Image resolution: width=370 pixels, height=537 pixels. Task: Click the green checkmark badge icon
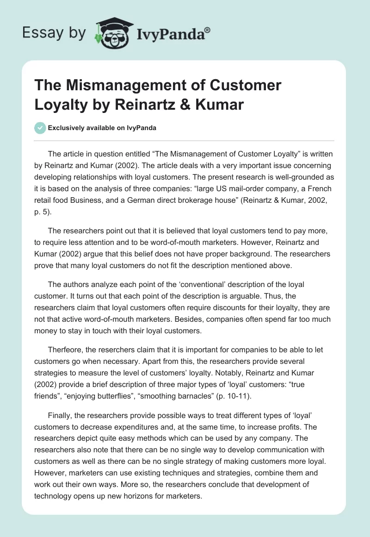pos(40,128)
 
